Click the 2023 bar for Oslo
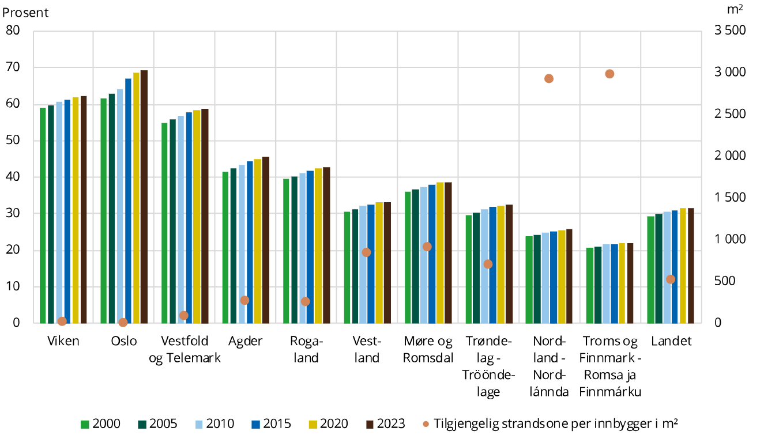[144, 196]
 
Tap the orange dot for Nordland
[549, 78]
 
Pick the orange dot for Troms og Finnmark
[609, 74]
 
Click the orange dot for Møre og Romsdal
[427, 247]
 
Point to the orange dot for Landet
[671, 279]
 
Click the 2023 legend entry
[385, 424]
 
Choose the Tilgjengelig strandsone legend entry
[548, 424]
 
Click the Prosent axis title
[26, 12]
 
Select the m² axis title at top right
[734, 10]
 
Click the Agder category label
[245, 341]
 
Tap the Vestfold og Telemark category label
[185, 349]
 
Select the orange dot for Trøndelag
[488, 264]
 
